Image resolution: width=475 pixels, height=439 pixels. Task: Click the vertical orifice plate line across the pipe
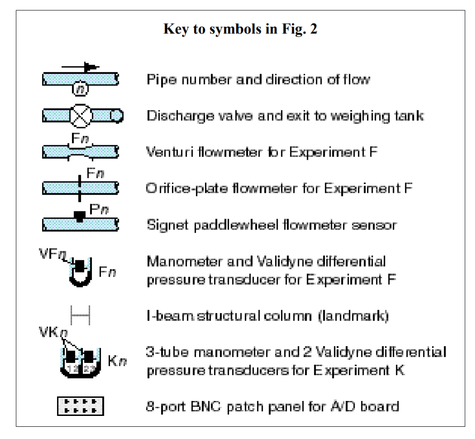(79, 187)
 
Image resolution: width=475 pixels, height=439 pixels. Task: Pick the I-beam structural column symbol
(80, 314)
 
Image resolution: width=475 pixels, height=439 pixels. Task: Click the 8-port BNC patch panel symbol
(80, 406)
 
